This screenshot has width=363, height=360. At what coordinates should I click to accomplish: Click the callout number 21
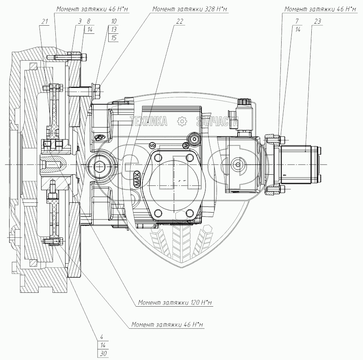click(45, 22)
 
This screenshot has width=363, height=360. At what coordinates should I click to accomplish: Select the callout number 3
click(80, 22)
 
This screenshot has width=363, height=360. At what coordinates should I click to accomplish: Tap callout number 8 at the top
click(88, 22)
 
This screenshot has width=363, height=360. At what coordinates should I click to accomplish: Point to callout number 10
click(114, 22)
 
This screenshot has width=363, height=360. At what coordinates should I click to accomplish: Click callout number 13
click(114, 30)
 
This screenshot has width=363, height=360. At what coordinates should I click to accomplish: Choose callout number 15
click(114, 38)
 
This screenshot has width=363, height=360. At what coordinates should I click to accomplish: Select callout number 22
click(179, 22)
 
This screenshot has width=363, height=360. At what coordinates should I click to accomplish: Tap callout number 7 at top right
click(297, 22)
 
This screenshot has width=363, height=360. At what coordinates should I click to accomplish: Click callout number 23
click(317, 22)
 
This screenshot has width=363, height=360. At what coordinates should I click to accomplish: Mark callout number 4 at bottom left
click(102, 337)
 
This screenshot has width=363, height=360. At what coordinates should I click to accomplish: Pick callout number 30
click(103, 354)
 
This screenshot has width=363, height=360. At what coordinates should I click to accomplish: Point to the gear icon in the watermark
click(182, 121)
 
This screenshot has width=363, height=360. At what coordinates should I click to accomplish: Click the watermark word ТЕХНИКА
click(149, 121)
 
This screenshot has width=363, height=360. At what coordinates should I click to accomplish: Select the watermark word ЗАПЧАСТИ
click(217, 121)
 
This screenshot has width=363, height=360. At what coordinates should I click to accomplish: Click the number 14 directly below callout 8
click(90, 30)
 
